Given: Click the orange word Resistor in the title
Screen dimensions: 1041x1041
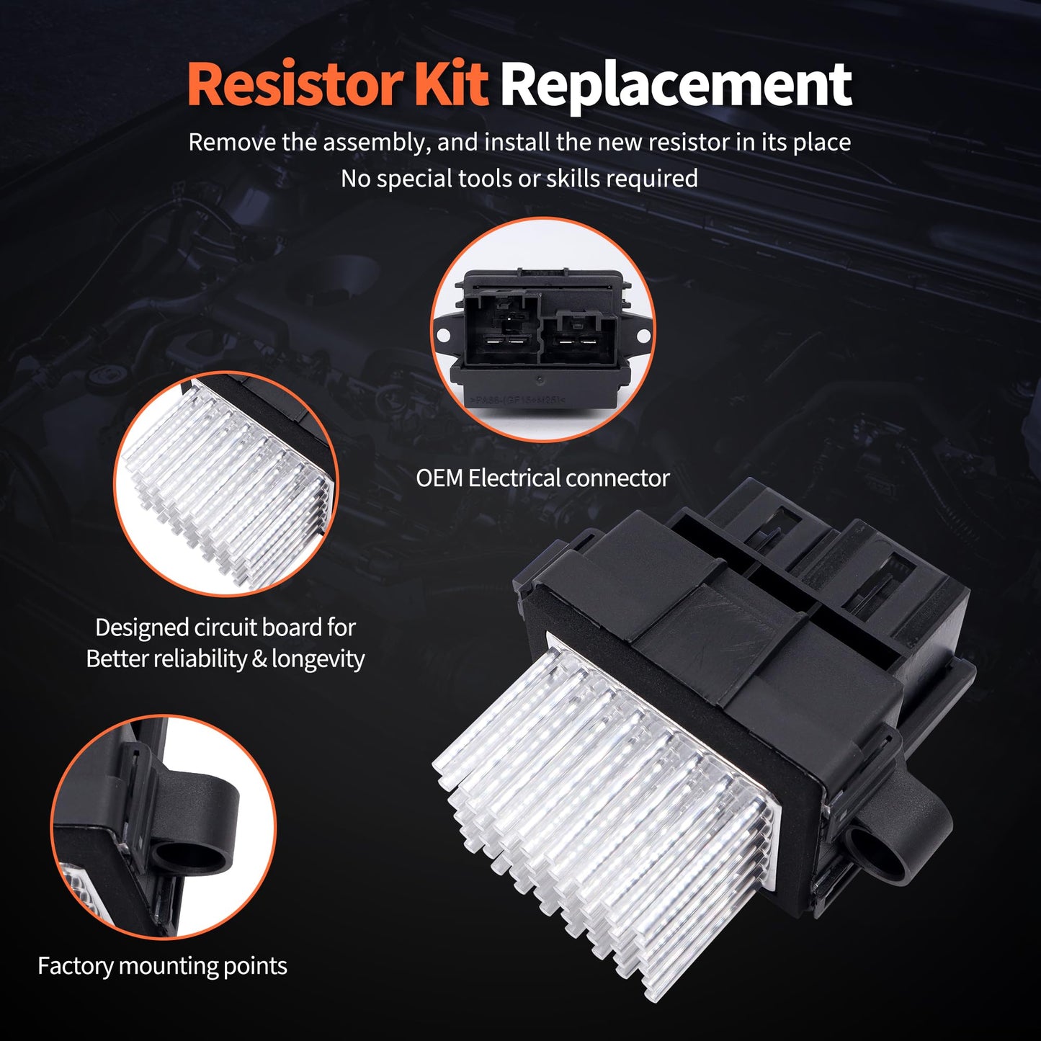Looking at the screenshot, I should [x=295, y=85].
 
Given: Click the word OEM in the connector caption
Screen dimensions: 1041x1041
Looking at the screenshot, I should [x=439, y=478].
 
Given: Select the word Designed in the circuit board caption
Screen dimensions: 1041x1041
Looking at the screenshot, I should [x=141, y=627].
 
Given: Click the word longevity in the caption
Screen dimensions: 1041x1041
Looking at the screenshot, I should [x=318, y=658].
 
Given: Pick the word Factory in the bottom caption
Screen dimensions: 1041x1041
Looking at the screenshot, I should [x=75, y=965].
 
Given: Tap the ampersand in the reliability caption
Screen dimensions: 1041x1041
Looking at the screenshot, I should [x=259, y=658].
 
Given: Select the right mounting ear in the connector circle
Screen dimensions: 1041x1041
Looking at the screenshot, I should [x=643, y=334].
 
